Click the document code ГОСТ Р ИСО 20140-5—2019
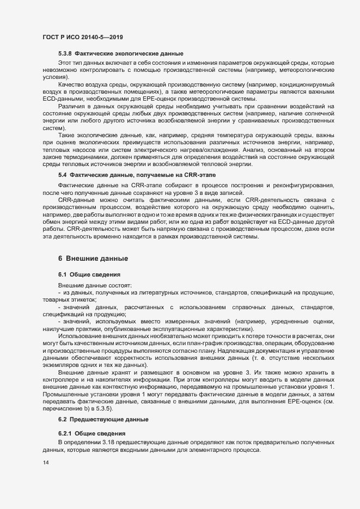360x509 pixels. pos(82,36)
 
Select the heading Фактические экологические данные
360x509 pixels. pos(129,53)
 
